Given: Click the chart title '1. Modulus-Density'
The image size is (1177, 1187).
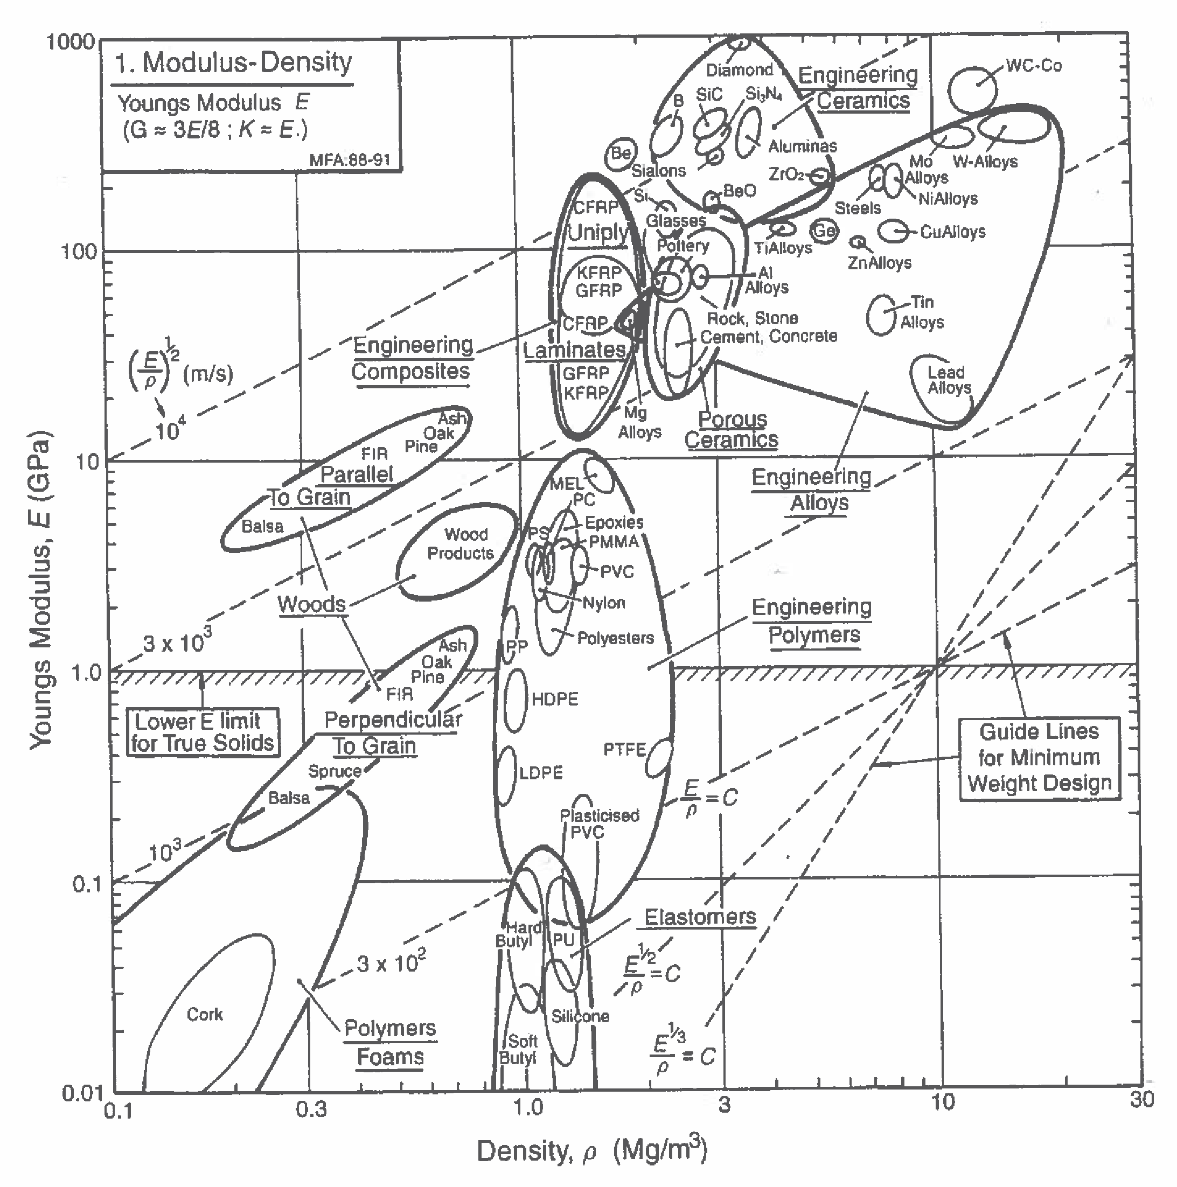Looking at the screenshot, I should (234, 62).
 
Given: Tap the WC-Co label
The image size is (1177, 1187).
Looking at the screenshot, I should (1033, 66).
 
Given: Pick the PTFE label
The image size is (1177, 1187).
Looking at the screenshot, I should (624, 750).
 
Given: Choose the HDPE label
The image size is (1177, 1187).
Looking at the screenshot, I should (554, 699).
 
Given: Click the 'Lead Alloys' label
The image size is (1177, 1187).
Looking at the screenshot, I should (949, 380).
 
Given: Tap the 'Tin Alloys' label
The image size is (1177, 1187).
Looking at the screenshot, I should (921, 312).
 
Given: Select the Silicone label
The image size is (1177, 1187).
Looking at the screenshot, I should (580, 1017).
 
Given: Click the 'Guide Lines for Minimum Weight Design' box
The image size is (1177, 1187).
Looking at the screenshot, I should (1039, 758).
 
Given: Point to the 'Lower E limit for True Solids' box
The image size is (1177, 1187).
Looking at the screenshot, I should (202, 732).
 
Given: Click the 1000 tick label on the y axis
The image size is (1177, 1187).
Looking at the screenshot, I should (71, 42).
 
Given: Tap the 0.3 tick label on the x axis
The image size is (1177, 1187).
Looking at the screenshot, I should (311, 1109).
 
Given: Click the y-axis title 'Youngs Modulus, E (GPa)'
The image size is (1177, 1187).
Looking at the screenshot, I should (40, 590).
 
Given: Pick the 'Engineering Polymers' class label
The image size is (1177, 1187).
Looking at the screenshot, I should (812, 620).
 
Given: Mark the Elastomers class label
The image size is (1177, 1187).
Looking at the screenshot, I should (700, 917).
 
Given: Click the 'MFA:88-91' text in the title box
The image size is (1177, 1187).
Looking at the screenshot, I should (350, 160).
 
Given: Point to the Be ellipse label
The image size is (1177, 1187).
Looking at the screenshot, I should (621, 153).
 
